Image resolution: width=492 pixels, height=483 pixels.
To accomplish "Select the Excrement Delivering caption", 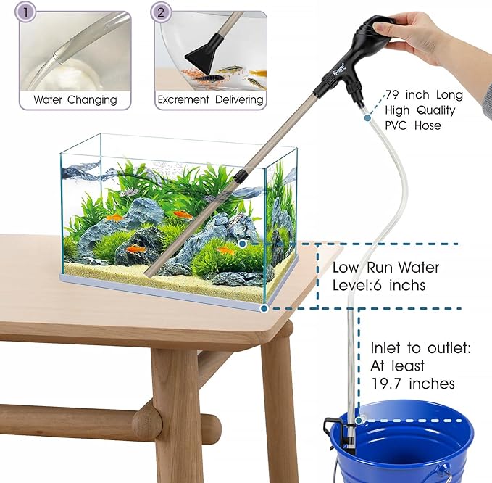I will tap(210, 99).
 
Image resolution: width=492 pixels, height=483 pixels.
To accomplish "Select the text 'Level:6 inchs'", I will tap(379, 286).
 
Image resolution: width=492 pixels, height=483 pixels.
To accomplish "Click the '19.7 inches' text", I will tap(412, 384).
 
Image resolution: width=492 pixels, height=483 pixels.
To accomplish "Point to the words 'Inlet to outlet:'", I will tap(420, 349).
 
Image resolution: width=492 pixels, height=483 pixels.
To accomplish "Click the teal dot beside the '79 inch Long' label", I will tap(368, 117).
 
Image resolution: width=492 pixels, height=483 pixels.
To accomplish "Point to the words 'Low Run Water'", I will tap(385, 268).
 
